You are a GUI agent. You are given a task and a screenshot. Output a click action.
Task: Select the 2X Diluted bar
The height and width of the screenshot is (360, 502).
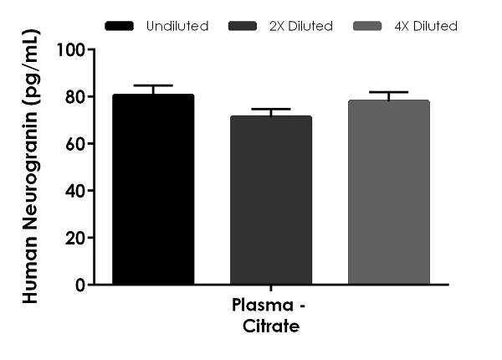tap(270, 200)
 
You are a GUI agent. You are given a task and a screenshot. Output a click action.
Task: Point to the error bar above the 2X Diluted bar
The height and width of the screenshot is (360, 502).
tap(270, 110)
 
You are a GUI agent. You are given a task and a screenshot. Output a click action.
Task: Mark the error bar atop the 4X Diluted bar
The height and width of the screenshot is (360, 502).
tap(388, 93)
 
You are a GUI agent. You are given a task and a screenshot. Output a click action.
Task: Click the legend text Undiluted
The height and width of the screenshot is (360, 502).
tap(177, 26)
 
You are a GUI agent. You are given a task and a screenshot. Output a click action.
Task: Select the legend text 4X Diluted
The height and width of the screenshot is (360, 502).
tap(423, 26)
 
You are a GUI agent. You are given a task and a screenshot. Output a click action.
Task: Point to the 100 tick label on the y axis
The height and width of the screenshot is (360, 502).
tap(70, 49)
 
